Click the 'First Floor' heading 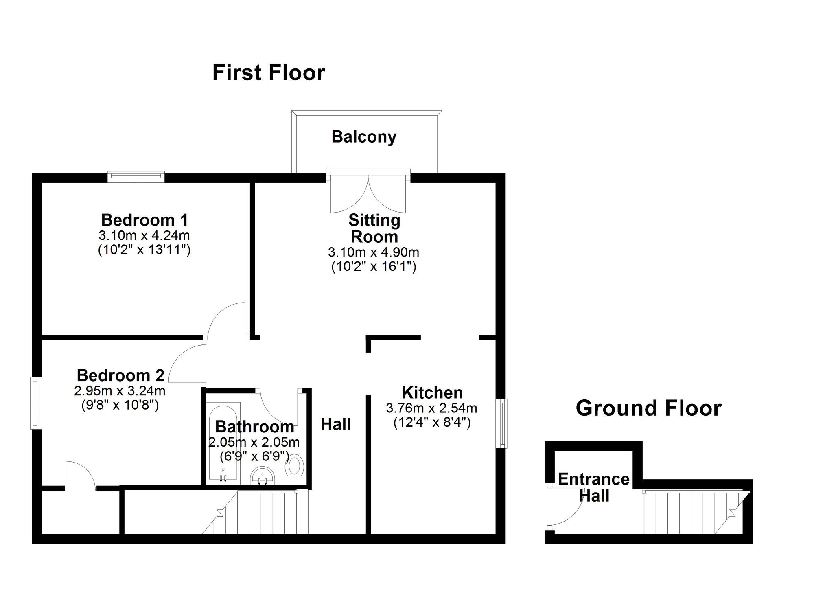click(269, 73)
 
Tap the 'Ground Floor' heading click(648, 408)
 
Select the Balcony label click(364, 137)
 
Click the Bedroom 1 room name click(144, 220)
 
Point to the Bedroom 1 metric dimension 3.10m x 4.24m click(144, 235)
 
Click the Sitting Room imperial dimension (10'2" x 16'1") click(374, 267)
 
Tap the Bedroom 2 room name click(120, 375)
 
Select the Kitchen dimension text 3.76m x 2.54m click(431, 408)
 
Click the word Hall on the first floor click(336, 424)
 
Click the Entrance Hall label click(594, 487)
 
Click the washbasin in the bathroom click(263, 476)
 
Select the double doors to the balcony click(368, 193)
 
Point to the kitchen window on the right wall click(503, 423)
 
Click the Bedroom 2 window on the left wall click(36, 403)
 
